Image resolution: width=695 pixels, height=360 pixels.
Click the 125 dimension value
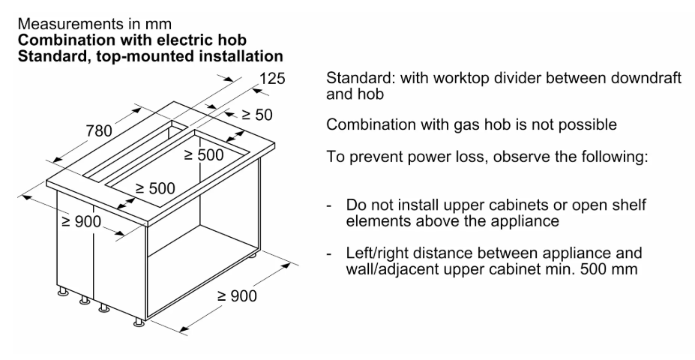tap(272, 79)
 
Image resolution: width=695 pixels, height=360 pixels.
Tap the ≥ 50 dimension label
tap(257, 115)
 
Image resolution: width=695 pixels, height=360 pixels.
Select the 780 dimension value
tap(99, 130)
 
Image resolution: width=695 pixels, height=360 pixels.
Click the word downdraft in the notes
tap(646, 78)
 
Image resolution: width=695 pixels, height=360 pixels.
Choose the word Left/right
tap(379, 253)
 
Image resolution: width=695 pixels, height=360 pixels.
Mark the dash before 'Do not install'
tap(329, 206)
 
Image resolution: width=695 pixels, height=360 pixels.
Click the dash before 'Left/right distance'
tap(329, 254)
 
